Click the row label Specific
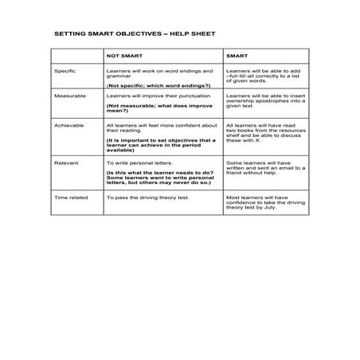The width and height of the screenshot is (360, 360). (x=65, y=71)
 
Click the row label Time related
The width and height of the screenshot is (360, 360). (x=70, y=195)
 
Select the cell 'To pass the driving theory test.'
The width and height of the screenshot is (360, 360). (x=147, y=195)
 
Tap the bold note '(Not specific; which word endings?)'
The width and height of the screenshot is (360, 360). (x=158, y=85)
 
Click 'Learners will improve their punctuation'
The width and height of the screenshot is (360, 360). (x=155, y=95)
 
